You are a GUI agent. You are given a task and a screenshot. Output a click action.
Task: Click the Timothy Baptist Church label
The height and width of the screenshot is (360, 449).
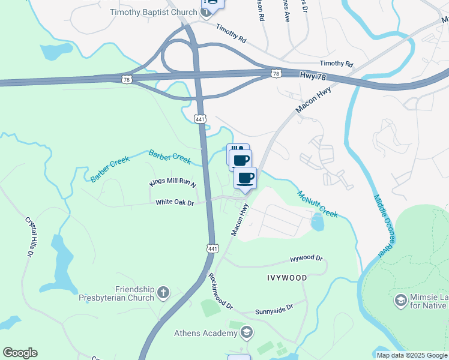[x=153, y=12]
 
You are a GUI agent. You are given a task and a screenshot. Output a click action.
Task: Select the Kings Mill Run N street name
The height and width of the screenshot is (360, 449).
[x=173, y=182]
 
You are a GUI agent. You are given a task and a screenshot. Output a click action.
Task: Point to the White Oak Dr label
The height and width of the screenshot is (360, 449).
[x=175, y=203]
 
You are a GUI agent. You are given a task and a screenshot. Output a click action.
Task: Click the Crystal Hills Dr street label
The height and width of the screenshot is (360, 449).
[x=28, y=237]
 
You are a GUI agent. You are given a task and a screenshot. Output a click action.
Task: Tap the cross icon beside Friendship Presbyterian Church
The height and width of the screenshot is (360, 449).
[x=163, y=293]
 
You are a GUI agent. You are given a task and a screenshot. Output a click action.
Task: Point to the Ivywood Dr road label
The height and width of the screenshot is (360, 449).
[x=306, y=259]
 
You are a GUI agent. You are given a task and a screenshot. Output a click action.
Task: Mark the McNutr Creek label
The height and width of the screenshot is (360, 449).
[x=318, y=203]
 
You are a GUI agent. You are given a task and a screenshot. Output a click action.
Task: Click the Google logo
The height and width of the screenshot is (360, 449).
[x=20, y=353]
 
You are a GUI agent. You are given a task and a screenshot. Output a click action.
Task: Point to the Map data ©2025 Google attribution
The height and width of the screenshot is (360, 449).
[x=412, y=355]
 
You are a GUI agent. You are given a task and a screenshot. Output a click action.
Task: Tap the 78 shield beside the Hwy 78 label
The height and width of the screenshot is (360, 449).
[x=276, y=73]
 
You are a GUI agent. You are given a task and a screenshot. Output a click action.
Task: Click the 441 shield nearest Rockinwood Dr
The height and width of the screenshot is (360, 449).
[x=212, y=248]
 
